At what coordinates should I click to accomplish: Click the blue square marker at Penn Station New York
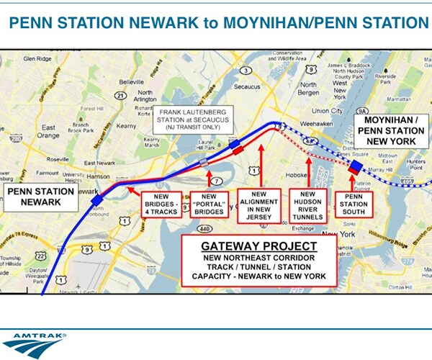356,168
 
